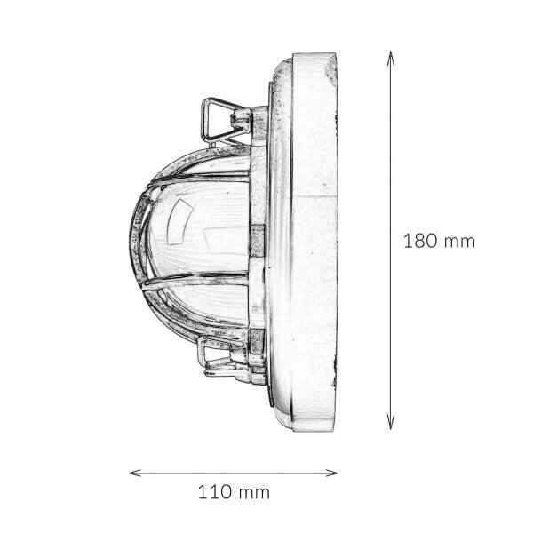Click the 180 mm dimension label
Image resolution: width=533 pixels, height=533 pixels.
[x=439, y=241]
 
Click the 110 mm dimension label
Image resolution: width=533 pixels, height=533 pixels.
[x=234, y=492]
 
